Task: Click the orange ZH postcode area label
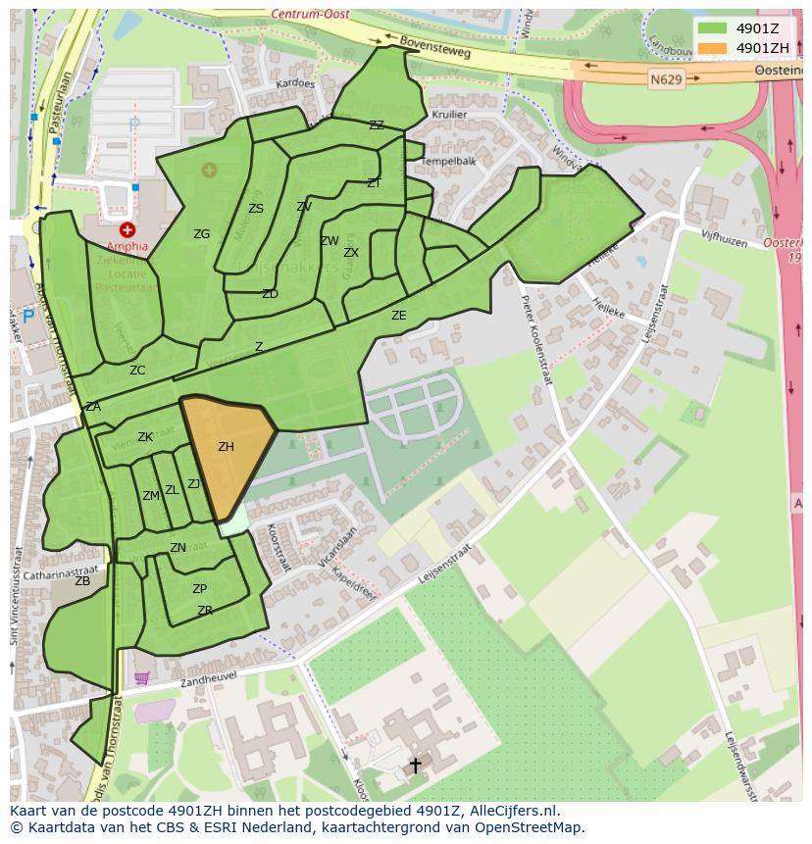pyautogui.click(x=226, y=447)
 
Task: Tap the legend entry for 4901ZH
pyautogui.click(x=762, y=48)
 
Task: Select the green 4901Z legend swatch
pyautogui.click(x=712, y=28)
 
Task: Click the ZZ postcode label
pyautogui.click(x=377, y=125)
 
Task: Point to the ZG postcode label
pyautogui.click(x=201, y=234)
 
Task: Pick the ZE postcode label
pyautogui.click(x=398, y=316)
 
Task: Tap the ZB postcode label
pyautogui.click(x=82, y=581)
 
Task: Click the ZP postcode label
pyautogui.click(x=199, y=589)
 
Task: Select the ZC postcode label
pyautogui.click(x=137, y=371)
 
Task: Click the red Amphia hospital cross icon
pyautogui.click(x=127, y=229)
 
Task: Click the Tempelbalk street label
pyautogui.click(x=448, y=161)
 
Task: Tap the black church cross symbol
pyautogui.click(x=415, y=765)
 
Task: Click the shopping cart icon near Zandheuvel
pyautogui.click(x=141, y=678)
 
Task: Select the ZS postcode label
pyautogui.click(x=256, y=209)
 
